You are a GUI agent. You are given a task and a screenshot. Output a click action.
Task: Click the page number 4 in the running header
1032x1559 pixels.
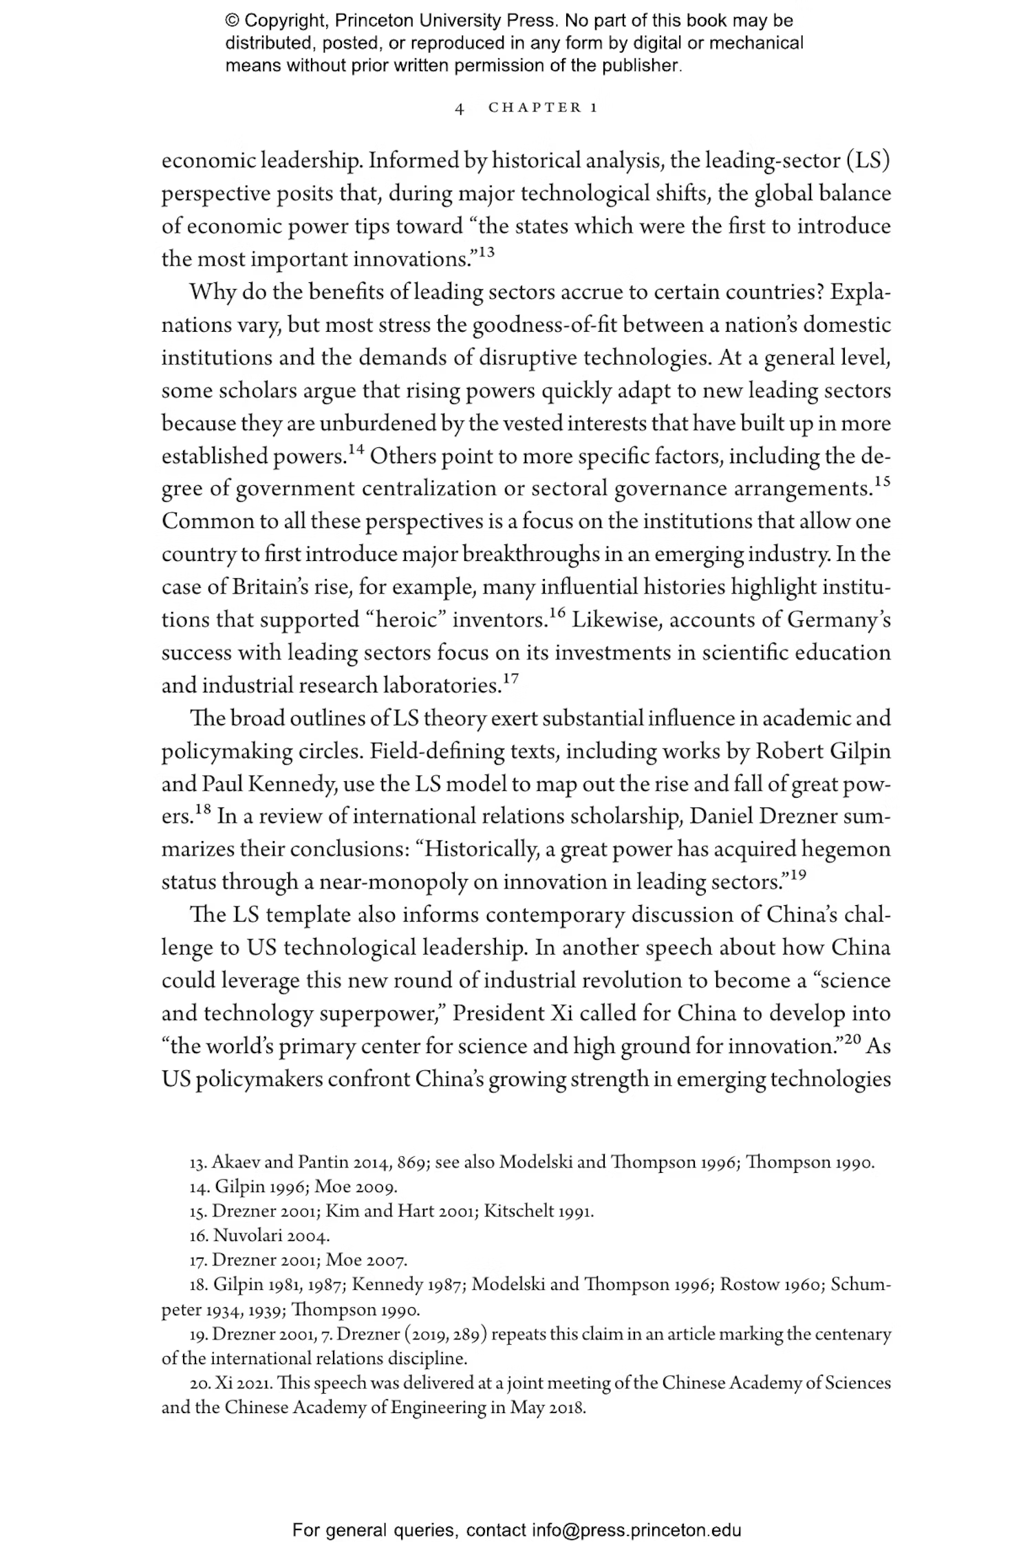pos(460,108)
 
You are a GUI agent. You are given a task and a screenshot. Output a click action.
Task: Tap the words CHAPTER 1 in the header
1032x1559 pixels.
pos(543,107)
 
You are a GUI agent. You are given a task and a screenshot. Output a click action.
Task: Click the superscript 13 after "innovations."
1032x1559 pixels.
pos(486,253)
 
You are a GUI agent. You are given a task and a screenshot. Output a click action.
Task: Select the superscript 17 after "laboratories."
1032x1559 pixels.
pos(510,679)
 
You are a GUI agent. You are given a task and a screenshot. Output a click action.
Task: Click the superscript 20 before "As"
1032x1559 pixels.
pos(852,1039)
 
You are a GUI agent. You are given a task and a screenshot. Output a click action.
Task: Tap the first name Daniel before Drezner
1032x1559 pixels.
pos(721,816)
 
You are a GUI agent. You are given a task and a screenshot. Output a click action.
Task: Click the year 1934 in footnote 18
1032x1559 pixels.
pos(229,1309)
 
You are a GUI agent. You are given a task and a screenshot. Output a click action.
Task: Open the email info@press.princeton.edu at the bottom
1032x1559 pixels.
pos(636,1530)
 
